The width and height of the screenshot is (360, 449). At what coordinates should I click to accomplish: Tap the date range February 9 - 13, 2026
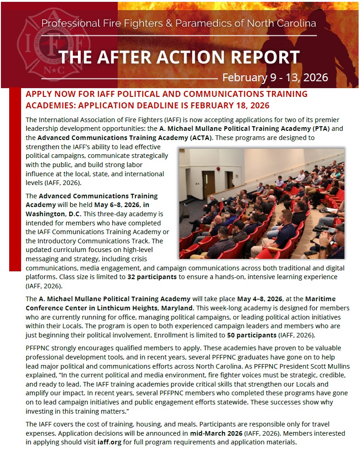pos(275,77)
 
